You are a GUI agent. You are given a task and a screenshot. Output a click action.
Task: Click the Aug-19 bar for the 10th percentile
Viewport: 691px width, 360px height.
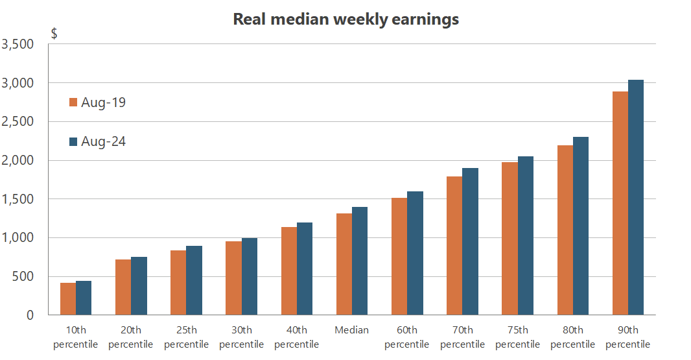[68, 299]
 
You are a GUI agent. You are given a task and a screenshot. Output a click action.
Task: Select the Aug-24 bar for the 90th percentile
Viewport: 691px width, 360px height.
[636, 198]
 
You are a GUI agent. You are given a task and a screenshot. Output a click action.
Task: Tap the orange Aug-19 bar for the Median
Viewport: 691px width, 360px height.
[344, 265]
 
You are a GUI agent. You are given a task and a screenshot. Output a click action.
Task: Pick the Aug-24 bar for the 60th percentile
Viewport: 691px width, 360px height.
[415, 254]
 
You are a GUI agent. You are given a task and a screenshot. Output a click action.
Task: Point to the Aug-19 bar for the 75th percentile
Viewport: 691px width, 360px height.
[509, 239]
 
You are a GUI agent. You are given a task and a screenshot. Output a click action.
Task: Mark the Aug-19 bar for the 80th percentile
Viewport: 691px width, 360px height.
[565, 230]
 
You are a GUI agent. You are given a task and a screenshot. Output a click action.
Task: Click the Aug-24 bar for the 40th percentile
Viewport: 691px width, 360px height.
[305, 269]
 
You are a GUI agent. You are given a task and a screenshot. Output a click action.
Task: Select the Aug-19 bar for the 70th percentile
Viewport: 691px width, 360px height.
[454, 246]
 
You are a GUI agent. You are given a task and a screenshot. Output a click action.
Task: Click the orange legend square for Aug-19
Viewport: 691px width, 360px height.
[73, 102]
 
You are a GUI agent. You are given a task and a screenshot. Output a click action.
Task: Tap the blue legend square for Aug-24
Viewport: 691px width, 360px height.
[73, 141]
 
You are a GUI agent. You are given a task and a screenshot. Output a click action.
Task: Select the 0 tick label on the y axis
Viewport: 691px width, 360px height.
[30, 315]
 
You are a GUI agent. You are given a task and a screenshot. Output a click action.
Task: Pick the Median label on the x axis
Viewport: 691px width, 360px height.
[352, 330]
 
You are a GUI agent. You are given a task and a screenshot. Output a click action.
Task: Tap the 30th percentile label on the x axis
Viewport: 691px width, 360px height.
[242, 337]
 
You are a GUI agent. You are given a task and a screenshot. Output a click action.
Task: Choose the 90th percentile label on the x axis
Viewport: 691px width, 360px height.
[627, 337]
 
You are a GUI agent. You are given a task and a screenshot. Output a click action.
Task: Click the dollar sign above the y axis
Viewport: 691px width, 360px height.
[54, 34]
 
